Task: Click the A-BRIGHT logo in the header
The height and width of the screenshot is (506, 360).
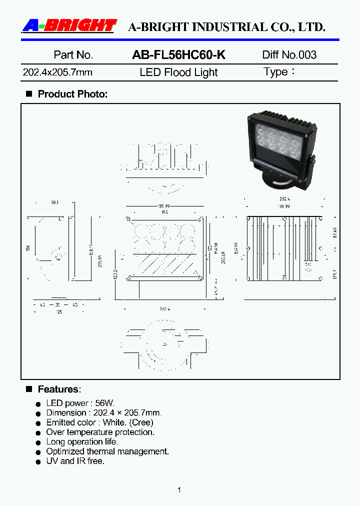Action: [69, 26]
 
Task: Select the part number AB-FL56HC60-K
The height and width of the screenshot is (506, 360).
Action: [178, 55]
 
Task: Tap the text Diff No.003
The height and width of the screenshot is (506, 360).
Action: [289, 55]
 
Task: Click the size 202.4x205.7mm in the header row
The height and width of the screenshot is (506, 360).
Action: [57, 72]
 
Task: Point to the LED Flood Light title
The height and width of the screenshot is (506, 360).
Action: [178, 72]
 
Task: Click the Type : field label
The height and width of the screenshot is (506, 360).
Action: [278, 72]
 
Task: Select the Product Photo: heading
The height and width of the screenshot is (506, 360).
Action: [72, 94]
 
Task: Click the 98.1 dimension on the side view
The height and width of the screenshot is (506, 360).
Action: [54, 202]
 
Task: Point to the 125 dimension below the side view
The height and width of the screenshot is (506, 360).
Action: [59, 312]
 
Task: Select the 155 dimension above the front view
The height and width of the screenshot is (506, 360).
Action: [164, 212]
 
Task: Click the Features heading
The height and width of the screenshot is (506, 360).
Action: [59, 389]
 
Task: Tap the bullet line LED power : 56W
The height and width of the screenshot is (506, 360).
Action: [80, 403]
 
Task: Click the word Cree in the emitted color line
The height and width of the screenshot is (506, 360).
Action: [142, 422]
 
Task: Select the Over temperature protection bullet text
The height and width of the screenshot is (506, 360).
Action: [100, 432]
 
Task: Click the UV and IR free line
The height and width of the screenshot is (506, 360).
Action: [75, 461]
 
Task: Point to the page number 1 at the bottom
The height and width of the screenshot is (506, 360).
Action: [179, 490]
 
